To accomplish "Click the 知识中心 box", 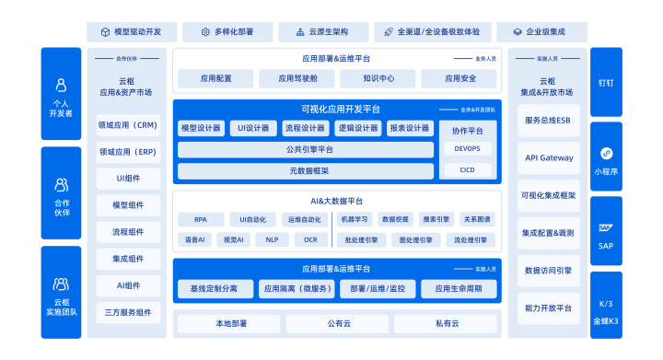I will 378,78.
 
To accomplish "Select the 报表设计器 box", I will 409,128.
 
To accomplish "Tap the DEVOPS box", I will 468,147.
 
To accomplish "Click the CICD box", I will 468,169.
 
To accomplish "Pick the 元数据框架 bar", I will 308,170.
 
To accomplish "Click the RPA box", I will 201,220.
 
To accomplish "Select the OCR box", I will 310,239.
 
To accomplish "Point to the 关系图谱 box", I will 477,220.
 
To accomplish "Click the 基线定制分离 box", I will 214,288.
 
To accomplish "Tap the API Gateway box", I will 549,157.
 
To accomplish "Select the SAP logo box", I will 607,232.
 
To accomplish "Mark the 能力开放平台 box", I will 549,308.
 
